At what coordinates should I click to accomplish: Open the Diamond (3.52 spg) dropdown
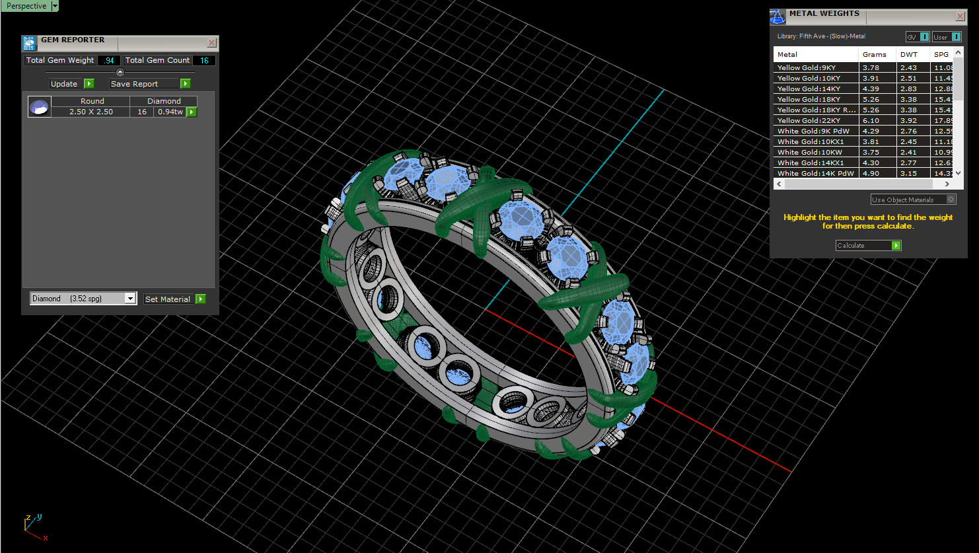point(130,299)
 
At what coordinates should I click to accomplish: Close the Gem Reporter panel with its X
point(211,43)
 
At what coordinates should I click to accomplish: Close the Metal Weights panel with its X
point(960,17)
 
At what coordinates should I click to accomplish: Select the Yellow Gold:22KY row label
point(809,120)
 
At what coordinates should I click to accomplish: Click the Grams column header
point(874,54)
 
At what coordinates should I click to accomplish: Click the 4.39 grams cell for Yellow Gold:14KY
point(871,89)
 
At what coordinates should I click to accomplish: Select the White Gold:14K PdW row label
point(815,173)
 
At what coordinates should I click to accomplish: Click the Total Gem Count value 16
point(204,60)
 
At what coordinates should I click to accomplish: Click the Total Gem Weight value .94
point(109,60)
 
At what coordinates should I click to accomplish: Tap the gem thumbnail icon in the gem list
point(40,107)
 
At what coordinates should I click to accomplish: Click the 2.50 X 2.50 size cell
point(91,112)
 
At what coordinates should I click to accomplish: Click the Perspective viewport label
point(26,6)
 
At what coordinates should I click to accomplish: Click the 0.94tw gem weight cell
point(170,112)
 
